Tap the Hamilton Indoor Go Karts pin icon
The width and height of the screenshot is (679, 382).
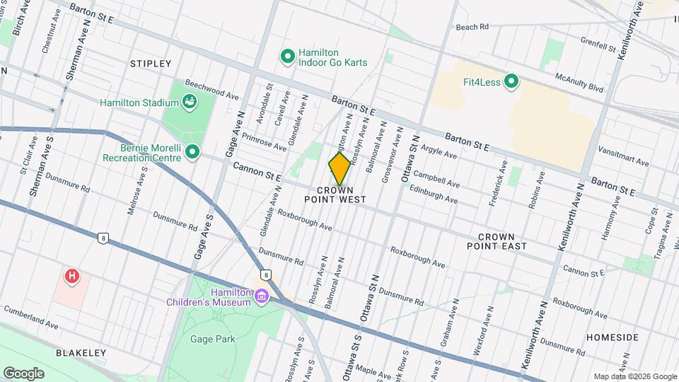pos(288,56)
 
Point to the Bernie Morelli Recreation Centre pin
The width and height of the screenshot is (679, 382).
pos(192,152)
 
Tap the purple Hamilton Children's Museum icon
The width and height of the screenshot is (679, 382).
pos(262,295)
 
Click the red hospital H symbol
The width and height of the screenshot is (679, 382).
pos(71,277)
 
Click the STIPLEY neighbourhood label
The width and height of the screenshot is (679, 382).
pos(151,64)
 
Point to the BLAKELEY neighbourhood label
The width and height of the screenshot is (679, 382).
pos(81,352)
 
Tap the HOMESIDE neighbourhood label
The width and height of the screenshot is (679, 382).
pos(612,337)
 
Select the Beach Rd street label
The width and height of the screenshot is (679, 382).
pos(472,27)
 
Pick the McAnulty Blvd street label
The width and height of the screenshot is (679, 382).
pos(579,83)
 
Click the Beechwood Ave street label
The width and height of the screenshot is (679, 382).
pos(211,90)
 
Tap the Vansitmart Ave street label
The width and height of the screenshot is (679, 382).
pos(622,156)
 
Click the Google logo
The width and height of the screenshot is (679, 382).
pos(23,373)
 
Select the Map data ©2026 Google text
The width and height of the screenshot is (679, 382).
pos(634,376)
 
